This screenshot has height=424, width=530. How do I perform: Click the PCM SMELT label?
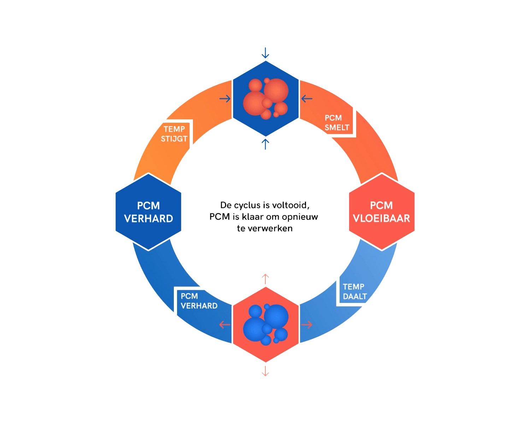coord(337,123)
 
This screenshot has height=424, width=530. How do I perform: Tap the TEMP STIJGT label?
coord(174,134)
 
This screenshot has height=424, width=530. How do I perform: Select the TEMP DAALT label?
coord(354,291)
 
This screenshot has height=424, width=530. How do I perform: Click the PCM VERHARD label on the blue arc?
coord(199,301)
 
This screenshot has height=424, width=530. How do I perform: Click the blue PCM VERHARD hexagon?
coord(148,212)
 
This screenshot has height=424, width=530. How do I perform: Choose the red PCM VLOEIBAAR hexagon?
coord(382,212)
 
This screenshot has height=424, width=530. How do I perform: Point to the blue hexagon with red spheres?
coord(266,99)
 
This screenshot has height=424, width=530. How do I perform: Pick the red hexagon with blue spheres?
coord(266,325)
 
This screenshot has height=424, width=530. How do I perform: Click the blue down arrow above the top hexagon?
coord(265,53)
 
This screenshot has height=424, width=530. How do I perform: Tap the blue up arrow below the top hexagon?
coord(265,144)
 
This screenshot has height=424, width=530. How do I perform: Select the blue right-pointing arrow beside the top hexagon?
coord(225,99)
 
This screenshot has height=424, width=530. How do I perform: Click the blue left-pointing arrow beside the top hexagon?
coord(307,99)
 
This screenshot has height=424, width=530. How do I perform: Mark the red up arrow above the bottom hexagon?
coord(265,279)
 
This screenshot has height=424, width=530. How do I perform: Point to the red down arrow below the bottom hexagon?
coord(265,371)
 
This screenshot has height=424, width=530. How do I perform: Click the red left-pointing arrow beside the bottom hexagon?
coord(225,324)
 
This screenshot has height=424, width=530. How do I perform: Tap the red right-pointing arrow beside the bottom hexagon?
coord(307,324)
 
